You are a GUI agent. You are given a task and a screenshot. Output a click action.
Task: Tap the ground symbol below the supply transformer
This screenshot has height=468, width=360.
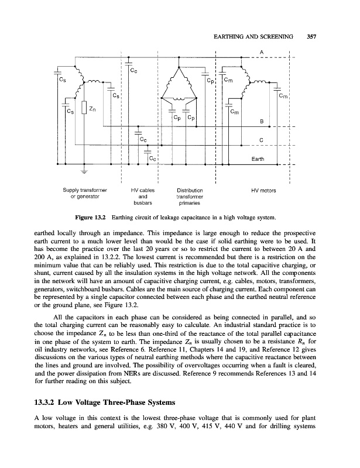pos(84,172)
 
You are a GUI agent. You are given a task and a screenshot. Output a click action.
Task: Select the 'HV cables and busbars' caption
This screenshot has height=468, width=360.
pos(142,197)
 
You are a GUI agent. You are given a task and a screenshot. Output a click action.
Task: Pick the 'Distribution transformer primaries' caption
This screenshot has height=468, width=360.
pos(188,197)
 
